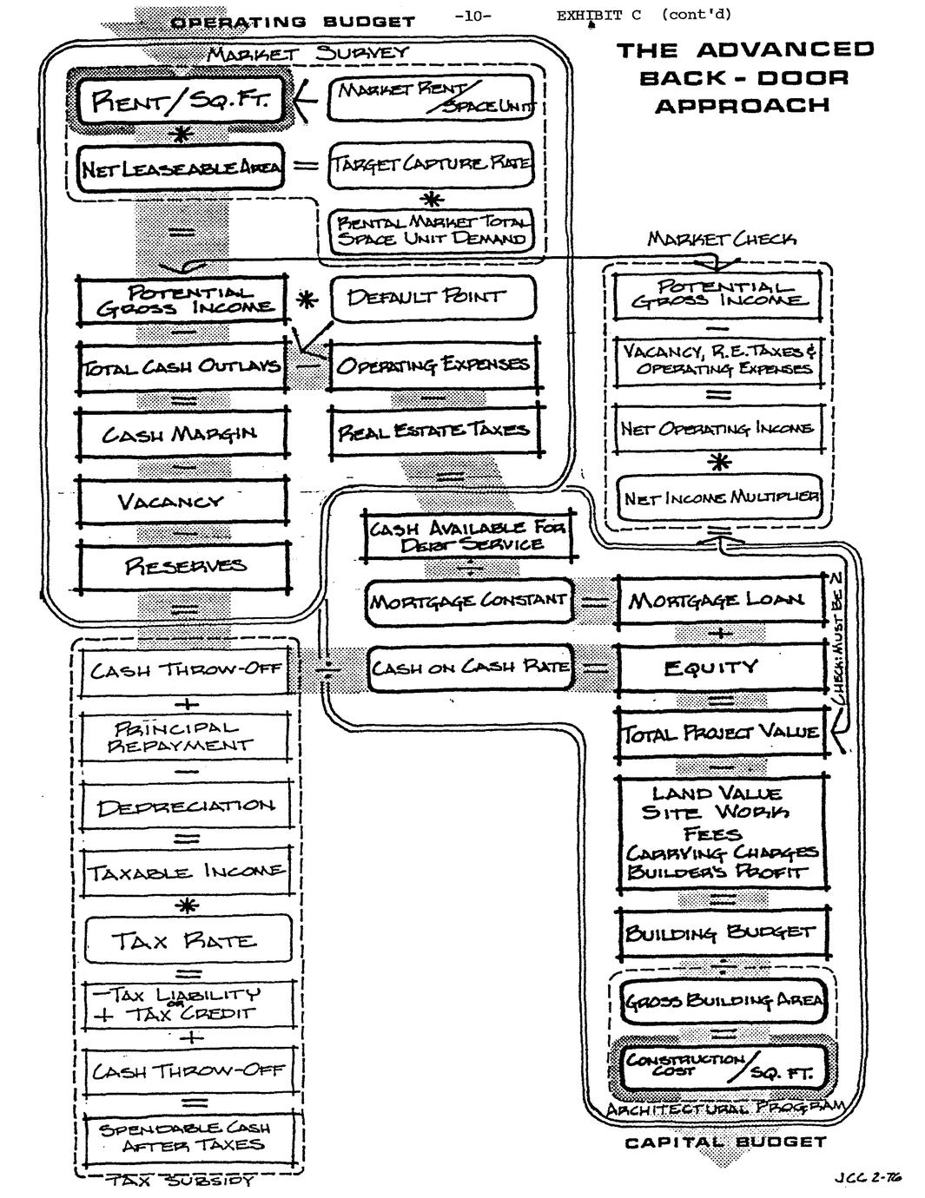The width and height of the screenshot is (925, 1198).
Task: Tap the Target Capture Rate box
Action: tap(430, 164)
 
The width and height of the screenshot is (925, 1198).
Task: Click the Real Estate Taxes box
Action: tap(433, 430)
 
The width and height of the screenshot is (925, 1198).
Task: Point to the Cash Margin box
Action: tap(182, 433)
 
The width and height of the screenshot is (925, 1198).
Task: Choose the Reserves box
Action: tap(183, 567)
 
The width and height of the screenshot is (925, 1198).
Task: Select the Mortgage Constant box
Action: tap(469, 601)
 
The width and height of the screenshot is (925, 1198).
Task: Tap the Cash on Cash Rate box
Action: tap(470, 668)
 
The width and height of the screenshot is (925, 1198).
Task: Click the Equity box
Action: tap(721, 668)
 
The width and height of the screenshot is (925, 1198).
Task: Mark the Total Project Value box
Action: tap(721, 734)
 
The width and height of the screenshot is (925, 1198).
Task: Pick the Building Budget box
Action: tap(721, 933)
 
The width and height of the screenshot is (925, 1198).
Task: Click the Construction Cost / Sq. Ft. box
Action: tap(721, 1066)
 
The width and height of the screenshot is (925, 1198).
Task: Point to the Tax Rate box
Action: tap(184, 941)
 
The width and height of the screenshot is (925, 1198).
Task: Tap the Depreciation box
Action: tap(184, 806)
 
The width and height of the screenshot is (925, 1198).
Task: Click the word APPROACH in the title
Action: tap(742, 106)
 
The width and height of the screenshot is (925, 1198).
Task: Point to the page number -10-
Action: tap(472, 15)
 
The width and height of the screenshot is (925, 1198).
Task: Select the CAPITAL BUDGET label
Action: tap(725, 1142)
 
